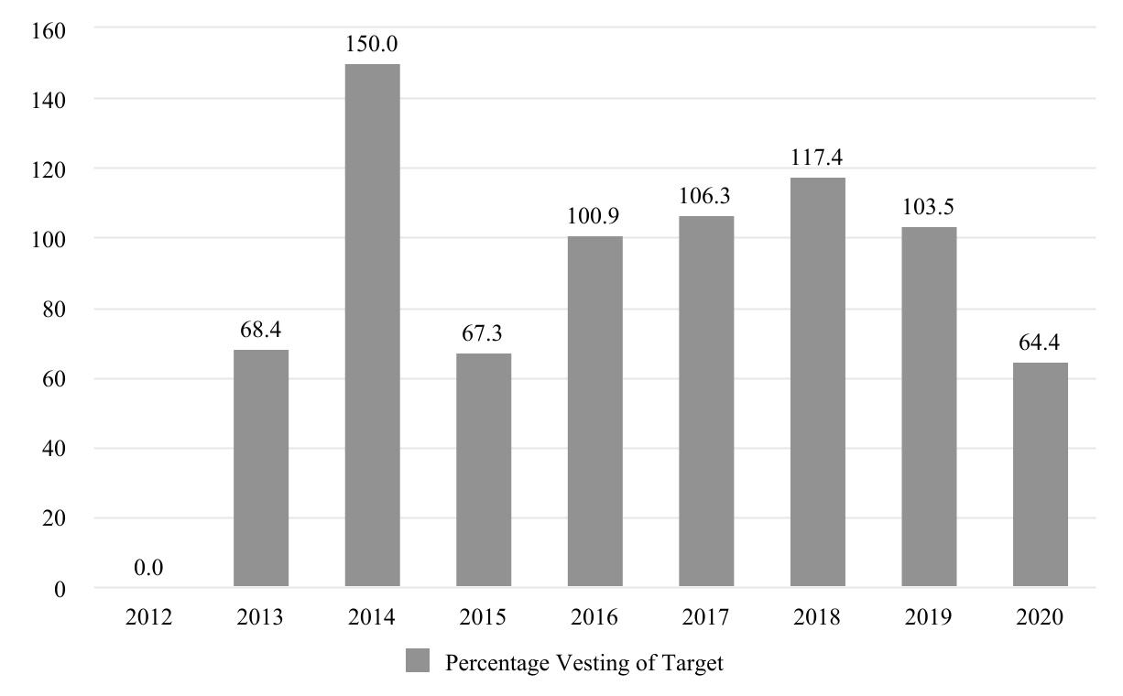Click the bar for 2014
point(372,325)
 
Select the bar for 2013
point(261,468)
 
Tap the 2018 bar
point(818,382)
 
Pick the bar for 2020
point(1041,474)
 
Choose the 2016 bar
point(595,411)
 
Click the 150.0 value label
point(372,44)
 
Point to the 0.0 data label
point(148,569)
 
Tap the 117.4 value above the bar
point(818,158)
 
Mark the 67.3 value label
point(484,333)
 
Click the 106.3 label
point(706,197)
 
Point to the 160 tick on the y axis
point(48,28)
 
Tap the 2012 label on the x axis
point(148,618)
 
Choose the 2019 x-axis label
point(929,618)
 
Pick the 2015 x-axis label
point(484,618)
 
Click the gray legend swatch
point(417,661)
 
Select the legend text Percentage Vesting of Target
point(583,662)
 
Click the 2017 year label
point(706,618)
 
